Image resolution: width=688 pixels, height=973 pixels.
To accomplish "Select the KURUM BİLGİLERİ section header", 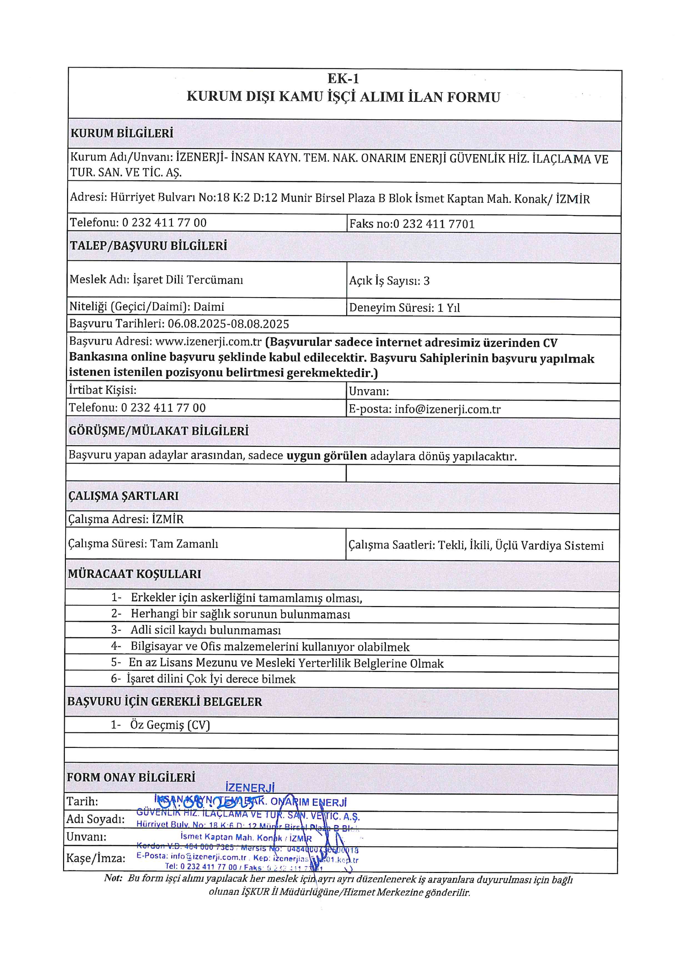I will pos(122,133).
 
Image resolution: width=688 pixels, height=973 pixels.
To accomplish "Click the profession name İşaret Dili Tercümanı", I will pos(188,280).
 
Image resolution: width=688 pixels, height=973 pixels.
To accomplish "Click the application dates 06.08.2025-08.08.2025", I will pos(228,324).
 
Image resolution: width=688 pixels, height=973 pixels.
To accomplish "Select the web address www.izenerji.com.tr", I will pos(208,342).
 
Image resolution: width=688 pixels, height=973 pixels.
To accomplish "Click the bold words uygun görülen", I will pos(327,456).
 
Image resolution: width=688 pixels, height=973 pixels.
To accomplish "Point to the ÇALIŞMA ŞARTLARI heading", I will pos(123,496).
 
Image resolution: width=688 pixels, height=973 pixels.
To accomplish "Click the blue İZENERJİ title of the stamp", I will pos(250,787).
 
